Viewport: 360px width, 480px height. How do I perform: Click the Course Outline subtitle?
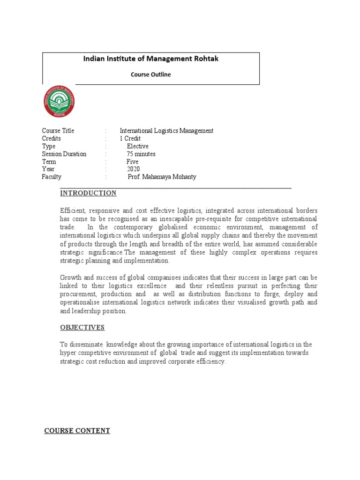[x=150, y=74]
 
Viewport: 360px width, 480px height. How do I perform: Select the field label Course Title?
[x=58, y=131]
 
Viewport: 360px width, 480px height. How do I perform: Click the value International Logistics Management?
[x=166, y=131]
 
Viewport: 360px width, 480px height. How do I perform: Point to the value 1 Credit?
[x=130, y=139]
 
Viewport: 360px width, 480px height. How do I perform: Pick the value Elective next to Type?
[x=137, y=146]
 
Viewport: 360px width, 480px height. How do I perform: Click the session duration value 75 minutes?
[x=141, y=154]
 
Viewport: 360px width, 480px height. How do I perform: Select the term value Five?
[x=133, y=162]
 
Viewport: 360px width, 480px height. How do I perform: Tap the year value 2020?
[x=133, y=169]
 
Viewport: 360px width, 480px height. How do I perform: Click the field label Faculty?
[x=52, y=177]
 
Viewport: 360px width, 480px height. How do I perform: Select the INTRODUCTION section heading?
[x=88, y=193]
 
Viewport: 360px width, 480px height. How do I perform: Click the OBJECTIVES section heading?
[x=82, y=327]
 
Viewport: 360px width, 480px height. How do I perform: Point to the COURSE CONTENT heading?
[x=77, y=430]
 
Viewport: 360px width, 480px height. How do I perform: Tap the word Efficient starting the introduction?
[x=71, y=211]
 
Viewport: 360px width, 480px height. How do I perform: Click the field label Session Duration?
[x=64, y=154]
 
